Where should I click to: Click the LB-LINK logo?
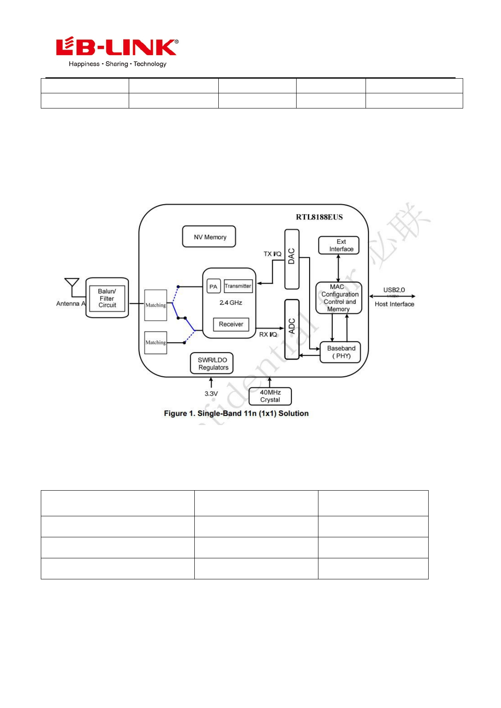117,52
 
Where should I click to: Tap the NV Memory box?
209,237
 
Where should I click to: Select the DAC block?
292,259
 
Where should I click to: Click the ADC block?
292,329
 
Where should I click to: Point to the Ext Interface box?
339,245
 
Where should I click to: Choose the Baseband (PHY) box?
340,352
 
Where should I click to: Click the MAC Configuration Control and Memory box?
339,298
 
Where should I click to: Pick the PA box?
214,286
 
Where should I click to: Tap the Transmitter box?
238,286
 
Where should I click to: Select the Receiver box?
231,324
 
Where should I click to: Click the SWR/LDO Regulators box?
212,363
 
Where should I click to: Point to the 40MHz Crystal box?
270,396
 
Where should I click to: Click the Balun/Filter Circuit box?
107,298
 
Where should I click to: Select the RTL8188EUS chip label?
319,217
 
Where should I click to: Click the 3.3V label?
211,394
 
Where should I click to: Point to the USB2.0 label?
394,290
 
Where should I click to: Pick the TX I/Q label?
272,254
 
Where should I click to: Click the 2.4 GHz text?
231,303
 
